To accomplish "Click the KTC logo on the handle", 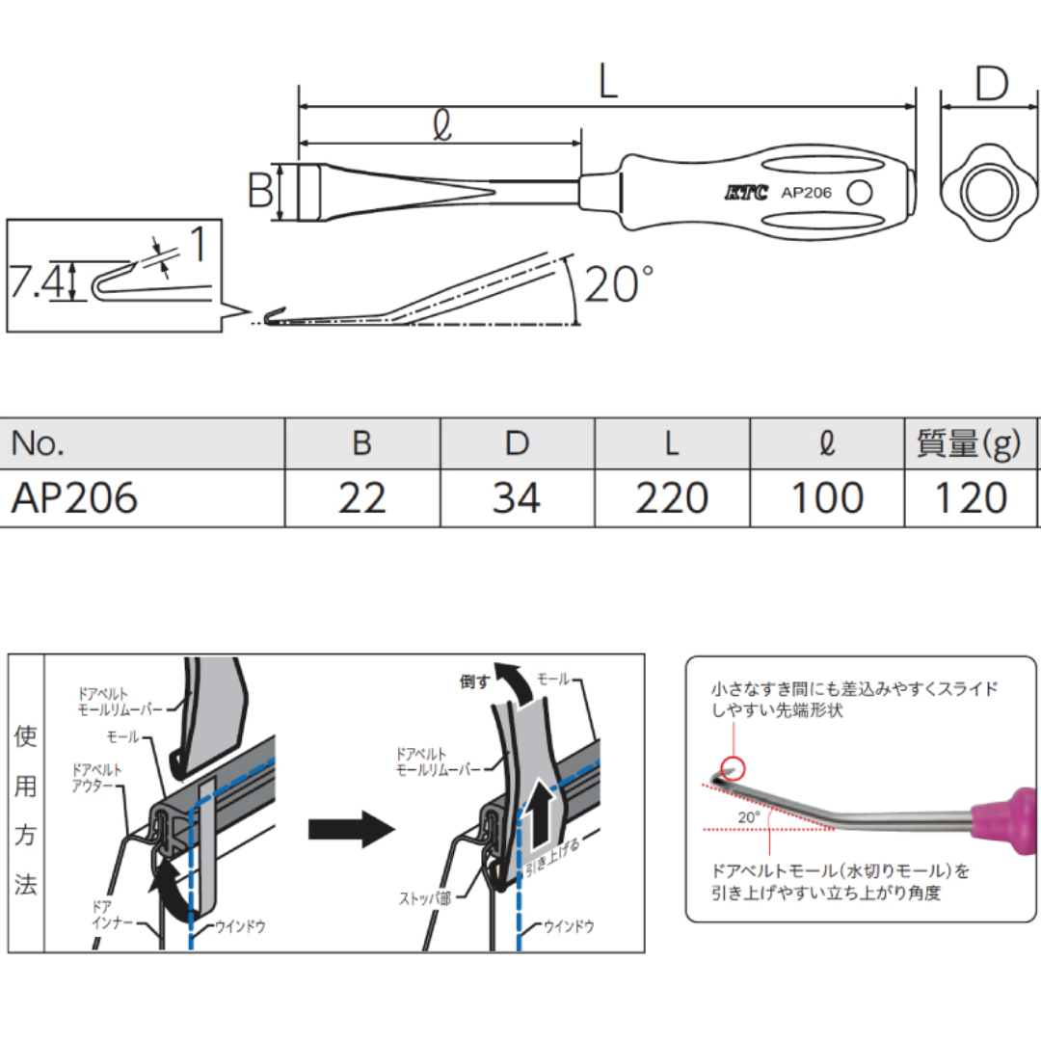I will (x=747, y=193).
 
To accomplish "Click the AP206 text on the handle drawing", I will (x=806, y=193).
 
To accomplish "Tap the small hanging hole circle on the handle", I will (x=859, y=193).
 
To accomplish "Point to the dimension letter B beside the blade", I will (x=260, y=192).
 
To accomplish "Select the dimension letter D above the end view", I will (x=990, y=84).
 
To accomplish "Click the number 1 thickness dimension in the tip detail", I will (x=196, y=246).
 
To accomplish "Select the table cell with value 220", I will (x=672, y=498).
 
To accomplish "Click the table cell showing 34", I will (x=517, y=498).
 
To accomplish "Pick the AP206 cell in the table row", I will (x=75, y=498).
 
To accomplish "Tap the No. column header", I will (x=39, y=443).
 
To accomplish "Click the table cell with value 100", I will (x=826, y=498).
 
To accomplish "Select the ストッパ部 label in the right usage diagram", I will (x=424, y=896).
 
